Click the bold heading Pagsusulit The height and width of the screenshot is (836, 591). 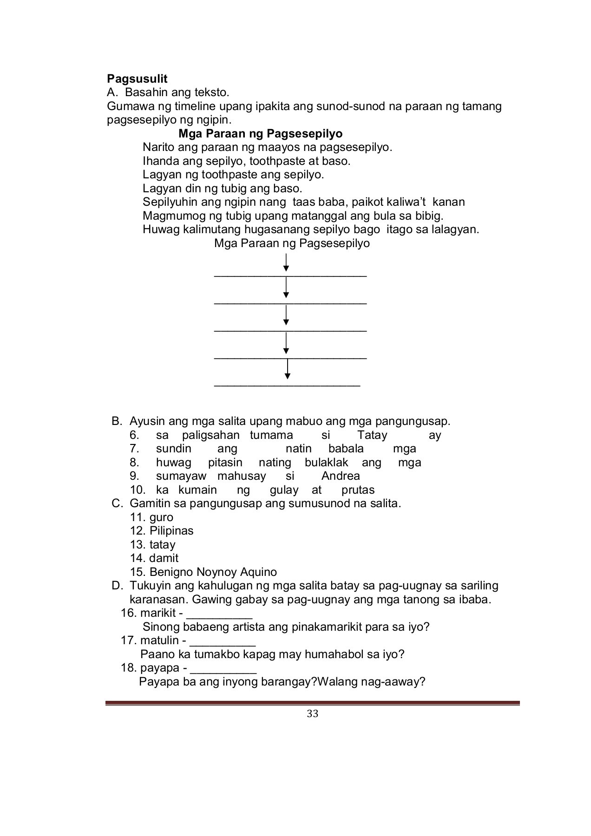(x=137, y=78)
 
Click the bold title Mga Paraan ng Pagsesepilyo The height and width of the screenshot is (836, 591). (x=260, y=134)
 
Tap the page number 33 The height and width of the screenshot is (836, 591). (x=313, y=714)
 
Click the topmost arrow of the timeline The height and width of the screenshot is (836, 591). (x=286, y=262)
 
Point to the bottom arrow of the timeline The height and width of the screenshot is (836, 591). (x=288, y=370)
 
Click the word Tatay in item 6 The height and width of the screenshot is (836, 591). (x=372, y=435)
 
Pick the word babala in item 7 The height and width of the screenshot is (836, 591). (x=346, y=449)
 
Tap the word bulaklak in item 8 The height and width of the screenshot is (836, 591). (x=326, y=463)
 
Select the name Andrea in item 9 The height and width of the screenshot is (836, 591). (x=340, y=476)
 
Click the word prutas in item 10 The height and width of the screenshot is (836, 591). (x=358, y=490)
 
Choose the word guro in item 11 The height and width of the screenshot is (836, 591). (x=161, y=517)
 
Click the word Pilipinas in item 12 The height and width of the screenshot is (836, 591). (x=171, y=531)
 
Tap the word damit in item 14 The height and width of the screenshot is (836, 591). (x=164, y=558)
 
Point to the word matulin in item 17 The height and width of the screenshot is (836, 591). (x=159, y=640)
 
